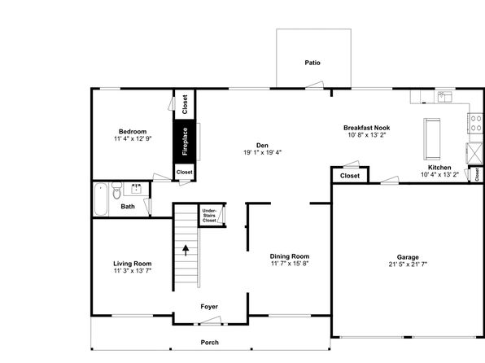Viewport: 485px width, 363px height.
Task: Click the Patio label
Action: (x=312, y=63)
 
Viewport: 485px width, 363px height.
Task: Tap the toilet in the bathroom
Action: (x=116, y=190)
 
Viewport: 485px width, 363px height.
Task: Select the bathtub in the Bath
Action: (x=101, y=199)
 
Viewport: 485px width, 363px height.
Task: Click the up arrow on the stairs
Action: (x=186, y=250)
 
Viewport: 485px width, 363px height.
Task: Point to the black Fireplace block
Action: (x=185, y=141)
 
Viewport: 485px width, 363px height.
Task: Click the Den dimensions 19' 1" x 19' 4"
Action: (x=262, y=152)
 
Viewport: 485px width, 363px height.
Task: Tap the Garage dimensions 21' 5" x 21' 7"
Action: (x=408, y=264)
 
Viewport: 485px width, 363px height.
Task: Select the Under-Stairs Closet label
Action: (x=209, y=216)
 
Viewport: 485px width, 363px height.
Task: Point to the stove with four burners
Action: (x=476, y=123)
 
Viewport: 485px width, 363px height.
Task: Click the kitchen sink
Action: (x=445, y=97)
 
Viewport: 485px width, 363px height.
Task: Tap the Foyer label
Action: (x=209, y=306)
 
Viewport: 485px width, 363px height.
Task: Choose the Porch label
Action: (x=210, y=343)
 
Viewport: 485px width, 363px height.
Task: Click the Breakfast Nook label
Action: (x=366, y=128)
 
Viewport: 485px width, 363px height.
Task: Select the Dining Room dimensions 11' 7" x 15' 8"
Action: (x=290, y=264)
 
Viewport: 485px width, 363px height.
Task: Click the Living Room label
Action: (x=133, y=264)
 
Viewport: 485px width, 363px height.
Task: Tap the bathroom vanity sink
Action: (x=137, y=189)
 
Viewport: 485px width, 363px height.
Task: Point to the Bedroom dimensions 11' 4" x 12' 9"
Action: (x=133, y=138)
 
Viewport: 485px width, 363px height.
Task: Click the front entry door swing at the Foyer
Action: (x=210, y=321)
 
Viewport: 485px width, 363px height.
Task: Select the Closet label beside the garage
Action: (x=350, y=176)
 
